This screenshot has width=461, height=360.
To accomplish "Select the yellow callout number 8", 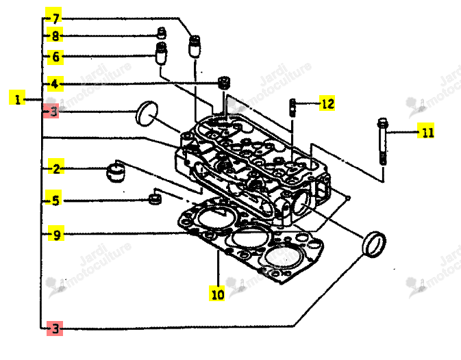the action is coord(55,36).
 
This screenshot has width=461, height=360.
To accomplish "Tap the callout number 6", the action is coord(55,56).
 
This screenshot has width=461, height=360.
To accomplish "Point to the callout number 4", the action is coord(55,84).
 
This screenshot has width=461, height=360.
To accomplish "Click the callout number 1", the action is coord(17,99).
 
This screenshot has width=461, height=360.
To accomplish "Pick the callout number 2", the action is coord(56,169).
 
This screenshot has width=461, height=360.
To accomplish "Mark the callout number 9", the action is coord(56,235).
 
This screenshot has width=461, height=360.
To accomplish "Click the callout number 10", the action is coord(217,294).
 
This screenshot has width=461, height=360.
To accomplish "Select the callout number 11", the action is coord(426,132).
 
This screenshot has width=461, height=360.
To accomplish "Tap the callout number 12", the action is coord(327,103).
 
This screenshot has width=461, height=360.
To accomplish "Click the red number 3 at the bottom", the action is coord(55,329).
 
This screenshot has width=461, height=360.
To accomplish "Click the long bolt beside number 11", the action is coord(382,141).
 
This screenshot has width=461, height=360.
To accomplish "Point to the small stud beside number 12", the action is coord(292,107).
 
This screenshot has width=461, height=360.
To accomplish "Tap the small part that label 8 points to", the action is coord(162,33).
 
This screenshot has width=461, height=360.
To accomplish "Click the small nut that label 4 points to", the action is coord(224,83).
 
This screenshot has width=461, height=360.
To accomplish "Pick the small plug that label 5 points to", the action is coord(155,199).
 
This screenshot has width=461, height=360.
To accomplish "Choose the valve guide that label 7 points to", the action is coord(195,46).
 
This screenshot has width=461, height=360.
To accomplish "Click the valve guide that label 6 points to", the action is coord(161,53).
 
